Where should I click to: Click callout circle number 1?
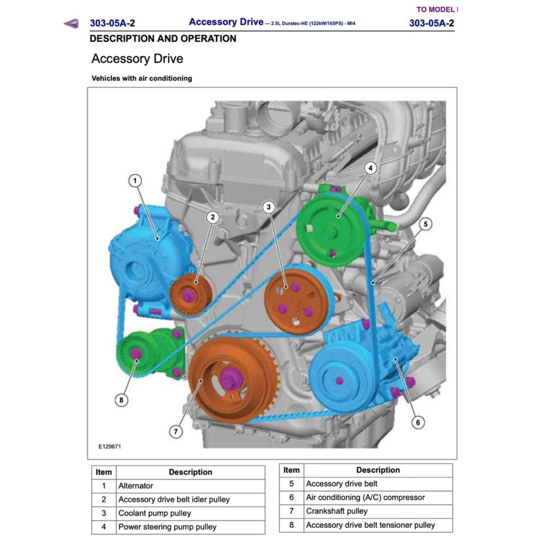136,181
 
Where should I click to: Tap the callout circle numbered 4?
369,168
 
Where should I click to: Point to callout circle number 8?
122,399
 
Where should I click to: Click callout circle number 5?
425,224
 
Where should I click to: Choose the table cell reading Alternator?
136,486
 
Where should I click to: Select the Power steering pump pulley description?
167,526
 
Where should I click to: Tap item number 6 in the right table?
291,498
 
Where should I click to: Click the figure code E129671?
109,446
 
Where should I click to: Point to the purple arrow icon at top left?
71,23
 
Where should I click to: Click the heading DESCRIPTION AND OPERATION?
163,39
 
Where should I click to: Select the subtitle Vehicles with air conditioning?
142,78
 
